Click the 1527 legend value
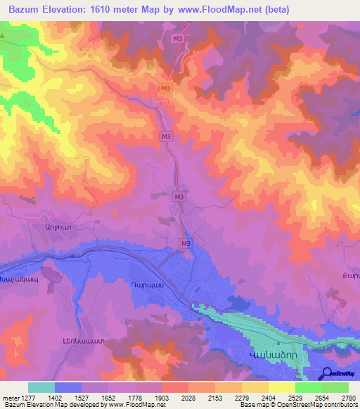[82, 397]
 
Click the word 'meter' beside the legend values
[10, 397]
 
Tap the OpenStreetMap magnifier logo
[327, 373]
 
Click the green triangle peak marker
[5, 34]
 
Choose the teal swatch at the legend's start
[41, 387]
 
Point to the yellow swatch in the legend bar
[282, 387]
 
